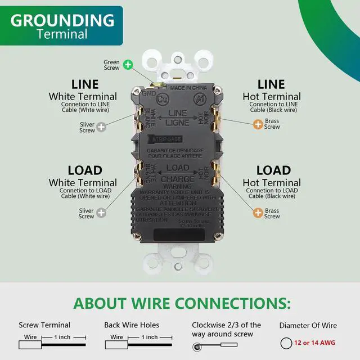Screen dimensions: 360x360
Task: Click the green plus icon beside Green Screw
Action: coord(128,65)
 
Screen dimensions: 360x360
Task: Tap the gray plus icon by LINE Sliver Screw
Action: coord(101,128)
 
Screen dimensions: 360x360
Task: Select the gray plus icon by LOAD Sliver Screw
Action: coord(101,213)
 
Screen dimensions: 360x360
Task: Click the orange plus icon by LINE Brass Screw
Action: coord(257,124)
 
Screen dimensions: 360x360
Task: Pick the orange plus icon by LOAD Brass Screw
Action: coord(257,213)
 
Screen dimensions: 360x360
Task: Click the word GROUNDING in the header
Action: coord(62,20)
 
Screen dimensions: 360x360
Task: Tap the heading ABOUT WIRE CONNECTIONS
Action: coord(182,304)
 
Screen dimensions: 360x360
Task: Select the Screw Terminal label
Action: coord(44,325)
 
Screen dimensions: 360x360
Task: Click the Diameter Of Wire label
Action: coord(308,325)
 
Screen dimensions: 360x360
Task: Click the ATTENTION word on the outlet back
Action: coord(178,203)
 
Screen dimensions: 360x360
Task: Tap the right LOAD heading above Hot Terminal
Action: coord(273,170)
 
